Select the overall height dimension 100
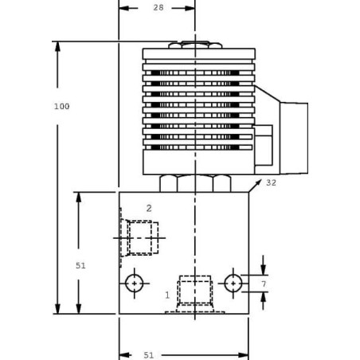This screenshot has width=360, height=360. point(50,107)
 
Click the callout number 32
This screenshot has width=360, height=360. point(271,182)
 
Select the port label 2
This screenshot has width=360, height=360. point(149,208)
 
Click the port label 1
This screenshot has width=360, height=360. point(167,295)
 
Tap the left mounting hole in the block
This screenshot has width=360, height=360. point(135,283)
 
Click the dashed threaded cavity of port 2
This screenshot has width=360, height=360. point(139,237)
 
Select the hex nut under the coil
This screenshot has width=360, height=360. point(196,183)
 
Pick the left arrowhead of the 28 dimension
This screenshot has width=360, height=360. point(122,7)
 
